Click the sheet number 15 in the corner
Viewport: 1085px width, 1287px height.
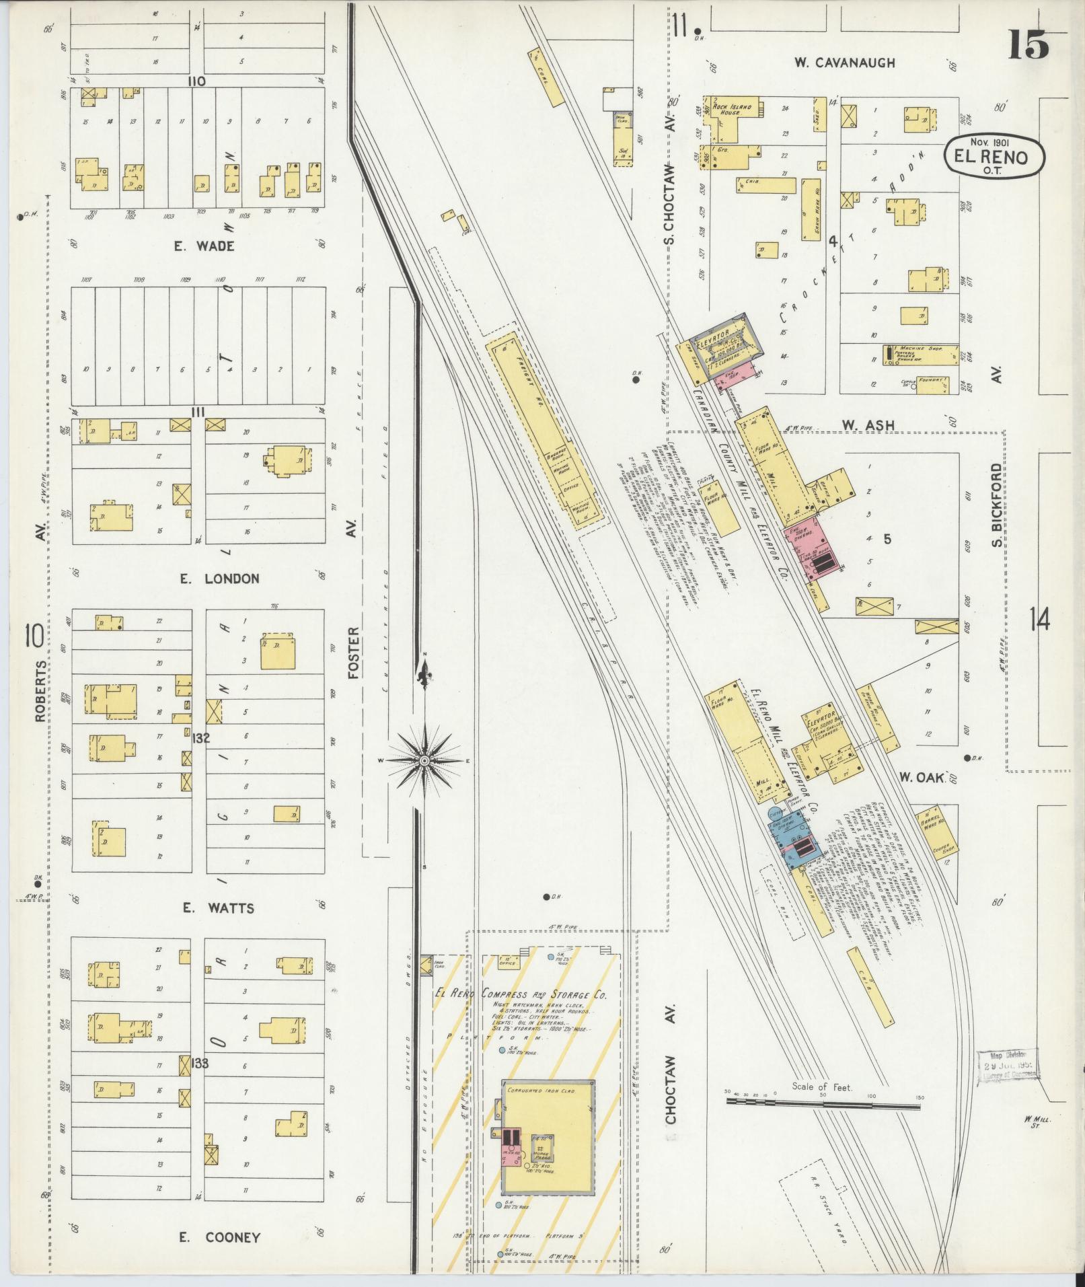tap(1028, 46)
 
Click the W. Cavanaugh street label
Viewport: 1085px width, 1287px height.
tap(844, 63)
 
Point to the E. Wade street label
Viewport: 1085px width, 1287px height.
tap(204, 246)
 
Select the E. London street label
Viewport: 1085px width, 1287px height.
tap(219, 579)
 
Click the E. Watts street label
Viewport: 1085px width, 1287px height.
tap(219, 908)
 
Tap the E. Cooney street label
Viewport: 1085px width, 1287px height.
tap(219, 1237)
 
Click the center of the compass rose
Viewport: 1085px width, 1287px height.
tap(424, 760)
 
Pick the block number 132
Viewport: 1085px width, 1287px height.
tap(200, 738)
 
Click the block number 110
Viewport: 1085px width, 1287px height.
tap(196, 81)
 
